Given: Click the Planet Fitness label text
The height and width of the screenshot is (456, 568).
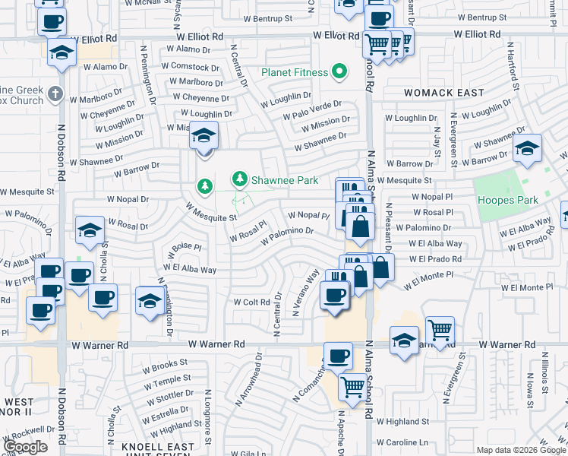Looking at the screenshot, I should (295, 73).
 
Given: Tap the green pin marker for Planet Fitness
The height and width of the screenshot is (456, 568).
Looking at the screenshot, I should (339, 73).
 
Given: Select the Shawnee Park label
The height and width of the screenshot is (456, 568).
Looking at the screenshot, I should (286, 180).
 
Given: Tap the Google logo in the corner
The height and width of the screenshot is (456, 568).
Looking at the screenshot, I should (25, 447).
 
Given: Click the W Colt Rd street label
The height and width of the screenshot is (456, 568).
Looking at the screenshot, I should (251, 302).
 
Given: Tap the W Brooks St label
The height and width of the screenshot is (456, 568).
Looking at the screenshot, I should (159, 366).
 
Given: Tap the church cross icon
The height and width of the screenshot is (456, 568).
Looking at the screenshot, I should (55, 94).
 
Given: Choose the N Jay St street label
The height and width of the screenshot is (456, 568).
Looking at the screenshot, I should (438, 137).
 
